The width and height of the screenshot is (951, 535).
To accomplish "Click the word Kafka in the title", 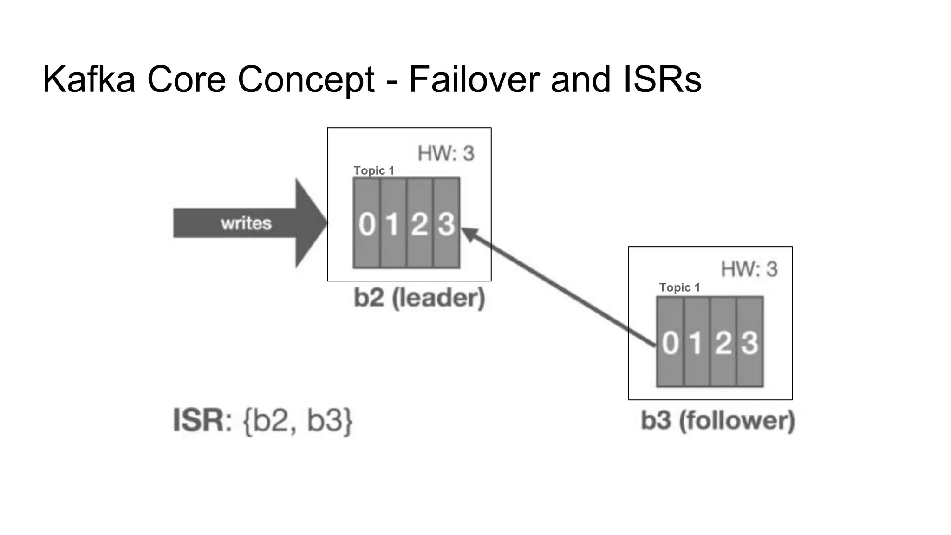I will click(x=89, y=79).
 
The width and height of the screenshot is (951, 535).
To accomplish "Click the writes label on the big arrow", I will click(x=246, y=223).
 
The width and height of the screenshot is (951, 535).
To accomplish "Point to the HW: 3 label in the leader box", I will click(x=446, y=154).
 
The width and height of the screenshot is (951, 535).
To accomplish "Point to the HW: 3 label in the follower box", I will click(x=749, y=269).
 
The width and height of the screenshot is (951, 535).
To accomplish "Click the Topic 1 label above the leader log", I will click(x=374, y=170).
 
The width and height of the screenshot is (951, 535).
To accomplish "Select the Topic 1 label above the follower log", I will click(x=679, y=287).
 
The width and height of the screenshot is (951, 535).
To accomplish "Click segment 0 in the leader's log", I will click(x=367, y=223).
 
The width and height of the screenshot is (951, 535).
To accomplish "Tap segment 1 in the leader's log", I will click(x=393, y=223).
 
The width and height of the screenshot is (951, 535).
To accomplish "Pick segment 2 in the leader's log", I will click(x=420, y=223).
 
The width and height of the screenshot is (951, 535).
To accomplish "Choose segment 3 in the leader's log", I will click(x=446, y=223).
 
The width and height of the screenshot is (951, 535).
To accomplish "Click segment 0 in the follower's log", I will click(x=670, y=343).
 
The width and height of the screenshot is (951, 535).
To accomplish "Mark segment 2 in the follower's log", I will click(x=723, y=343).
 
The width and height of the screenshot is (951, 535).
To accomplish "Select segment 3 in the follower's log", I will click(x=749, y=343).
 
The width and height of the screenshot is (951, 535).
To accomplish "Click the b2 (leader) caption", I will click(x=419, y=298).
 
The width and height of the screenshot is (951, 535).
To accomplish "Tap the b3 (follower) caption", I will click(x=718, y=420).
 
